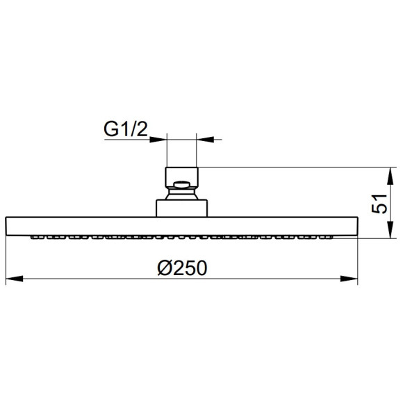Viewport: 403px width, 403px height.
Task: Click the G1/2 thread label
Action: click(x=126, y=129)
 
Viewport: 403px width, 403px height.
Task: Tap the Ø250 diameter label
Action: click(x=182, y=268)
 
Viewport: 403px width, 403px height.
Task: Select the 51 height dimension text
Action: click(x=379, y=204)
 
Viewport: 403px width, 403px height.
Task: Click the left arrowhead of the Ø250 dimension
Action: click(x=15, y=279)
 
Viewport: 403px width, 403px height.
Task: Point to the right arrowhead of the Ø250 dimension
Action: click(x=349, y=279)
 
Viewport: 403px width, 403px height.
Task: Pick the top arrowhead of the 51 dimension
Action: click(x=390, y=176)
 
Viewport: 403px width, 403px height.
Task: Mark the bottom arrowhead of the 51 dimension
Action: click(x=390, y=229)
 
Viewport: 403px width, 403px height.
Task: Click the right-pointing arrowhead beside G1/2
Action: click(x=158, y=140)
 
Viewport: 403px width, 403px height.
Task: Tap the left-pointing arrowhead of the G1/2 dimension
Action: click(x=205, y=140)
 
